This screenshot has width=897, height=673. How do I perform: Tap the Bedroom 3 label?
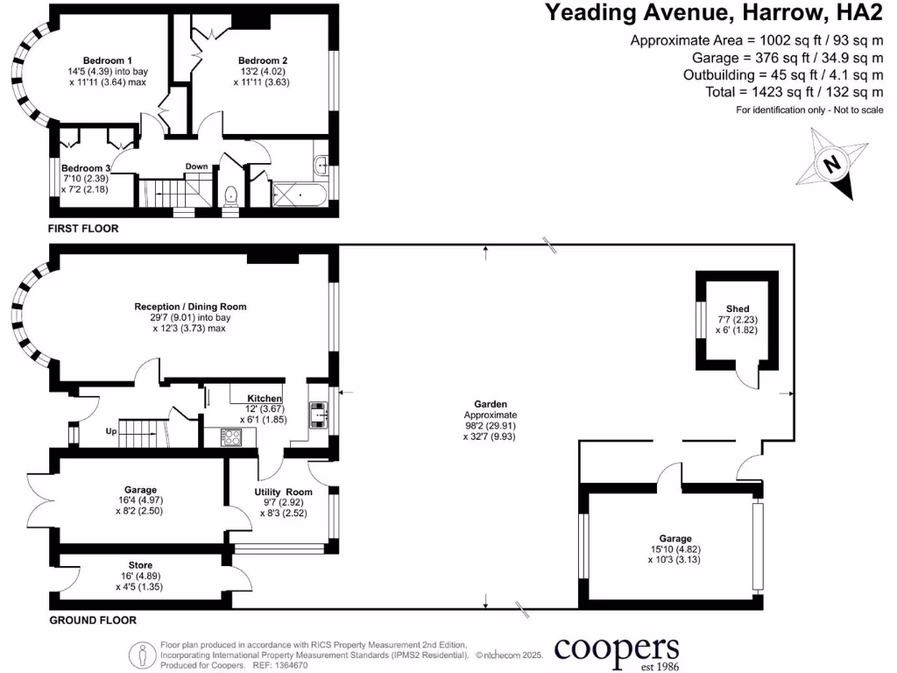(87, 168)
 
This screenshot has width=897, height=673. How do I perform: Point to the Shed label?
(738, 308)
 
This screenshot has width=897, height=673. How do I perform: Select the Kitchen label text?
(265, 398)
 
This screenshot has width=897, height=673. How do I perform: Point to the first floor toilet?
(231, 196)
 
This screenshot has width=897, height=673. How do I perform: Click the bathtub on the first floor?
(300, 193)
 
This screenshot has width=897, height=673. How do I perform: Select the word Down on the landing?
(196, 166)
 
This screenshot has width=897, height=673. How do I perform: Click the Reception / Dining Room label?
(190, 307)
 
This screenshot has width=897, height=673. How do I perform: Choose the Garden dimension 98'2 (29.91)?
(490, 425)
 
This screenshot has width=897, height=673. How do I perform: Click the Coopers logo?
(617, 650)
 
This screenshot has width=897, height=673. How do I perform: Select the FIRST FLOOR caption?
(83, 229)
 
